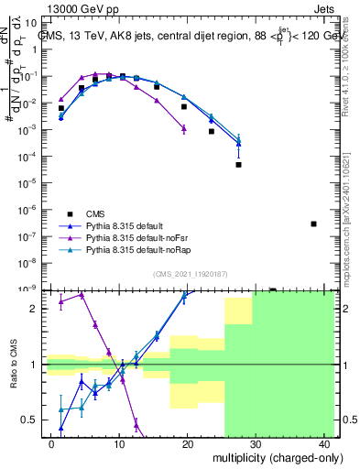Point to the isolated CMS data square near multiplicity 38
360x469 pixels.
tap(313, 224)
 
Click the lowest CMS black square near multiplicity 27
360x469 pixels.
tap(238, 165)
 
